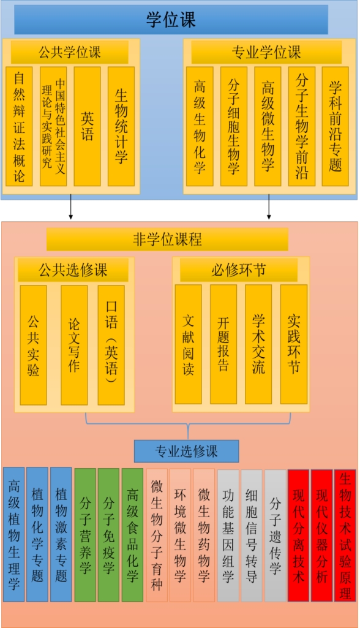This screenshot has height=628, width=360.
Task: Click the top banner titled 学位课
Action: tap(171, 20)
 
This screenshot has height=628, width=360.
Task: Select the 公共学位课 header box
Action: tap(70, 52)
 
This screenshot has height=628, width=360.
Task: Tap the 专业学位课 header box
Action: tap(266, 52)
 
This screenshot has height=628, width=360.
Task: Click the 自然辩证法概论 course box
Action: tap(19, 127)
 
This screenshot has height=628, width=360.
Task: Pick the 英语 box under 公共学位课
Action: tap(87, 127)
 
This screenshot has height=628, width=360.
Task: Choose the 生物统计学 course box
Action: tap(121, 127)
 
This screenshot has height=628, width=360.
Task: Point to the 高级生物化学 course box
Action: tap(200, 127)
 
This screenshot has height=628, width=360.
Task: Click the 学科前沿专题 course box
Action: tap(335, 127)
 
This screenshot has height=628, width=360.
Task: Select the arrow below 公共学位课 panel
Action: tap(71, 207)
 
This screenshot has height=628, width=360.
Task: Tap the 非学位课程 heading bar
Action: tap(167, 240)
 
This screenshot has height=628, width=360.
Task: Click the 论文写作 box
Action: tap(74, 345)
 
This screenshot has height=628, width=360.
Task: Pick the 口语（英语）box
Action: tap(111, 345)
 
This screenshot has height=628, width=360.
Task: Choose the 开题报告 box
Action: tap(223, 344)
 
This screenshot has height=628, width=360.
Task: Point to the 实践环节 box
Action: tap(294, 344)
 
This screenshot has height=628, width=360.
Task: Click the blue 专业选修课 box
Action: tap(186, 452)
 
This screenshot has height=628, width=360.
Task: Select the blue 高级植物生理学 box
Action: tap(13, 534)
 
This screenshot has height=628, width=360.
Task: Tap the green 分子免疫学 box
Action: tap(108, 535)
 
